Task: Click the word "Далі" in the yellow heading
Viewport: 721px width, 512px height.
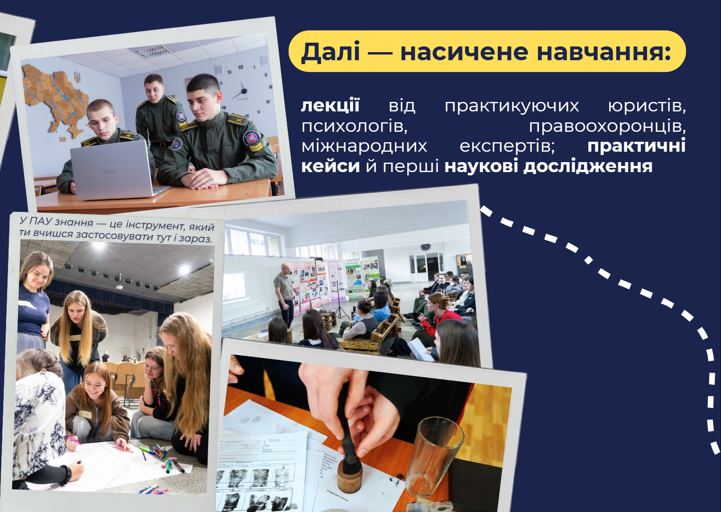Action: point(330,52)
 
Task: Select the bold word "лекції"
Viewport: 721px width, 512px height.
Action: point(330,105)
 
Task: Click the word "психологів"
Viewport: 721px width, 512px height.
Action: point(354,126)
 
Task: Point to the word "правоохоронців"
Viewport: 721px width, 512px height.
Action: point(607,126)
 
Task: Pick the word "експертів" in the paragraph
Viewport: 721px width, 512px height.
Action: point(507,146)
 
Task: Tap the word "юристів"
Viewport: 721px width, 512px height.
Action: point(647,106)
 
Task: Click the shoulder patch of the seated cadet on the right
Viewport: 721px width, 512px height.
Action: point(251,138)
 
